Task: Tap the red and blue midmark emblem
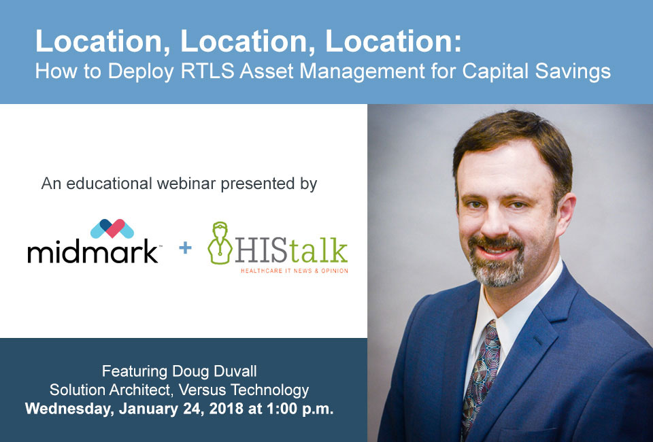(x=112, y=228)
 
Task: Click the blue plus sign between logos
(x=185, y=248)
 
